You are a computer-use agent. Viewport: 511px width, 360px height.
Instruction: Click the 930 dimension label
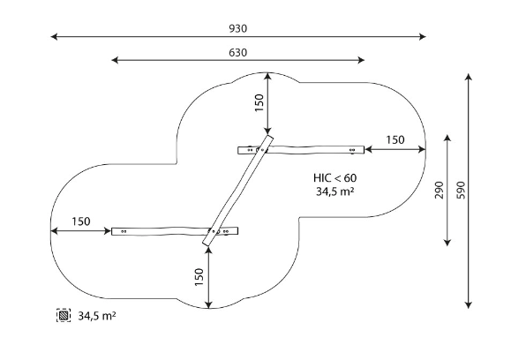pos(237,28)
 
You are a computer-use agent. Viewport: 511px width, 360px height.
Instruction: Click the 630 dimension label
pos(237,52)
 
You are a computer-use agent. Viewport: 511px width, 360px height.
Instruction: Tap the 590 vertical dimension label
pos(461,190)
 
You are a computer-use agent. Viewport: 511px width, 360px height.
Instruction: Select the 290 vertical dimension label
pos(439,190)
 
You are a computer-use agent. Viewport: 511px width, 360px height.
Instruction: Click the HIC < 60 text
pos(335,178)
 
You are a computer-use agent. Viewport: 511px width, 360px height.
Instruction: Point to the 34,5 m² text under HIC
pos(335,191)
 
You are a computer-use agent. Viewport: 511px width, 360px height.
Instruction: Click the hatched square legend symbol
pos(64,315)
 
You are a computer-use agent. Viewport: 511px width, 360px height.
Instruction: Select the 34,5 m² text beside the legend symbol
pos(97,316)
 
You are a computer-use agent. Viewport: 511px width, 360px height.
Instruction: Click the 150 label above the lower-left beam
pos(81,221)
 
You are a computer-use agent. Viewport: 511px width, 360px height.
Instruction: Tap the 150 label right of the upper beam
pos(395,139)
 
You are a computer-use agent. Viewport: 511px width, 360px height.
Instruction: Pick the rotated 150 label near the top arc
pos(259,102)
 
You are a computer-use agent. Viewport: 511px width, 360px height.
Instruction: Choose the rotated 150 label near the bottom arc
pos(199,277)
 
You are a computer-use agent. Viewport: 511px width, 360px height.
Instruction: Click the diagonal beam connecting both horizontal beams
pos(238,191)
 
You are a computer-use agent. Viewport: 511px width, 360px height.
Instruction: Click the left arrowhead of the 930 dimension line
pos(54,36)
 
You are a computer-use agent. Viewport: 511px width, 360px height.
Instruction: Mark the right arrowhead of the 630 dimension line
pos(361,60)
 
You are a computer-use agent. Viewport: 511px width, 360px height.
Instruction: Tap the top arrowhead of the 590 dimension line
pos(469,78)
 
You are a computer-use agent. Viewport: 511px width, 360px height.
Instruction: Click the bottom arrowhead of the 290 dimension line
pos(447,243)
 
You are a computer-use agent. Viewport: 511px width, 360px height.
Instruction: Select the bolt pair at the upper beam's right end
pos(352,150)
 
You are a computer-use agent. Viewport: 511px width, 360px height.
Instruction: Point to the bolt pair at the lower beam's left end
pos(124,231)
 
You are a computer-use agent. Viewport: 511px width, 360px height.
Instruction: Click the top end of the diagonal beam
pos(270,137)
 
